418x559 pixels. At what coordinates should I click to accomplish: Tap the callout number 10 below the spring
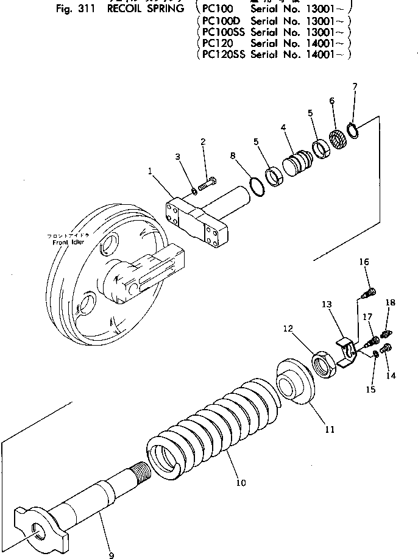pyautogui.click(x=241, y=483)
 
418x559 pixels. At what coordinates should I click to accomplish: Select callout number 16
pyautogui.click(x=364, y=262)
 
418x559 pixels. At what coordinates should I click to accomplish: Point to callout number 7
pyautogui.click(x=355, y=87)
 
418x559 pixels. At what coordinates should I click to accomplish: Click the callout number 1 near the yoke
pyautogui.click(x=150, y=171)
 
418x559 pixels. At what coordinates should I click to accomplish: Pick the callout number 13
pyautogui.click(x=327, y=304)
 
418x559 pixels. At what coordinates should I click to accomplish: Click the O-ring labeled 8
pyautogui.click(x=258, y=187)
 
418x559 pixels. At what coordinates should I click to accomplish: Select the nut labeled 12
pyautogui.click(x=322, y=363)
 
